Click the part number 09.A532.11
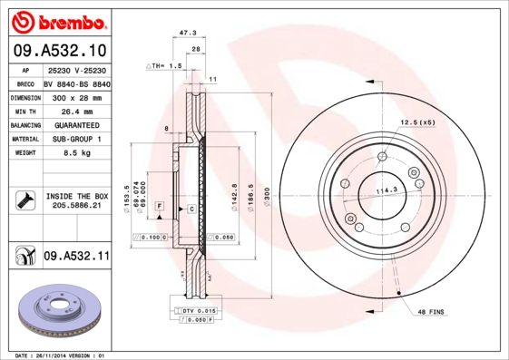pos(76,258)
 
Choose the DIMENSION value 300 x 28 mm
pos(76,95)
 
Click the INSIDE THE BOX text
pos(77,196)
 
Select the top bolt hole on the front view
pos(383,155)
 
